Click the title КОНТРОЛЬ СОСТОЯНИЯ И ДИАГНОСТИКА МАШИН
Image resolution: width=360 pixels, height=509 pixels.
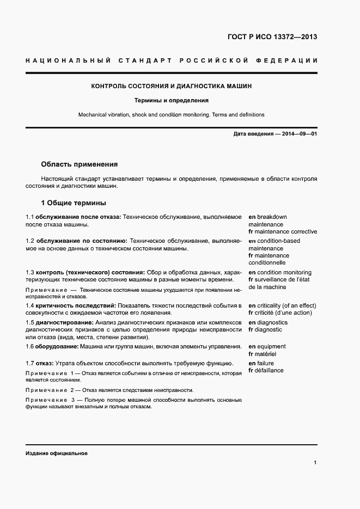pos(171,86)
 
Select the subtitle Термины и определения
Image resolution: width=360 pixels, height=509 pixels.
pos(171,101)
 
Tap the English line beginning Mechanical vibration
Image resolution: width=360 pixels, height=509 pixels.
pos(171,115)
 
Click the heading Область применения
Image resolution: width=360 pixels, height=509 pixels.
pos(79,164)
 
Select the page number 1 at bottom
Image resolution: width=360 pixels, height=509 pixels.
pos(315,463)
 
